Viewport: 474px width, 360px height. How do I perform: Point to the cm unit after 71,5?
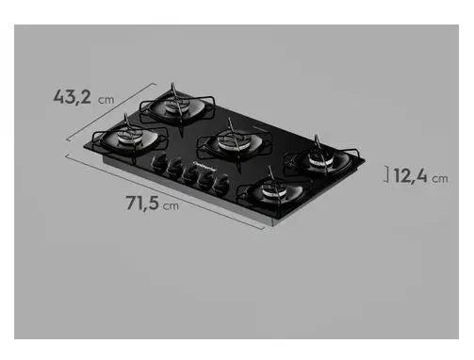click(x=172, y=205)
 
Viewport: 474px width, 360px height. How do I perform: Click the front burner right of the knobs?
click(x=274, y=193)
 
